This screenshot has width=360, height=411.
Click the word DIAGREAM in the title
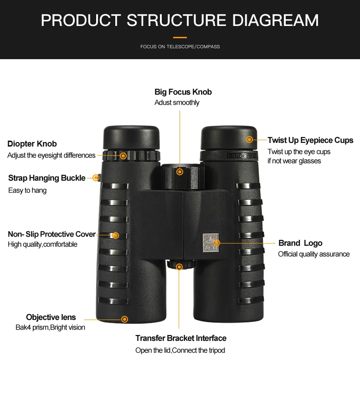pyautogui.click(x=275, y=20)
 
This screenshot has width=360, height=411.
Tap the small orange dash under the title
pyautogui.click(x=180, y=37)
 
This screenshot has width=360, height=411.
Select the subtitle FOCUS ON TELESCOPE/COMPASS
pyautogui.click(x=180, y=47)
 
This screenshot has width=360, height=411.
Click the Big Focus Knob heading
pyautogui.click(x=183, y=92)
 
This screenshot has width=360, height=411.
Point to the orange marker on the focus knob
pyautogui.click(x=180, y=172)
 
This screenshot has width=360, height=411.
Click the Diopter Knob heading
pyautogui.click(x=32, y=144)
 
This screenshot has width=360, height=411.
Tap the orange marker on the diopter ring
pyautogui.click(x=123, y=156)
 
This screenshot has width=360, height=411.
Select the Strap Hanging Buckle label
pyautogui.click(x=46, y=178)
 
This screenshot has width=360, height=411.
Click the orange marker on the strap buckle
pyautogui.click(x=96, y=178)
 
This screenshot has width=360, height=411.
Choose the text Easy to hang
pyautogui.click(x=27, y=190)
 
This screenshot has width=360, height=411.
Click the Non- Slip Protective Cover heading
pyautogui.click(x=51, y=234)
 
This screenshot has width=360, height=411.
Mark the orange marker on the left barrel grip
pyautogui.click(x=115, y=235)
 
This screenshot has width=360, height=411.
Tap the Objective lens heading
pyautogui.click(x=51, y=317)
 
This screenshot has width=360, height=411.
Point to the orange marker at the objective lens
pyautogui.click(x=125, y=319)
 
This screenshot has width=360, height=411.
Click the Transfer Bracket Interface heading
pyautogui.click(x=181, y=338)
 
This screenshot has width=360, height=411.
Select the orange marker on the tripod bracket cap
pyautogui.click(x=179, y=267)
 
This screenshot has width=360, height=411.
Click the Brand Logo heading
pyautogui.click(x=300, y=243)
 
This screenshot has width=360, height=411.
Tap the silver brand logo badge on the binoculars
pyautogui.click(x=211, y=243)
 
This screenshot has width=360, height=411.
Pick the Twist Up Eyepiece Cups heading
pyautogui.click(x=310, y=140)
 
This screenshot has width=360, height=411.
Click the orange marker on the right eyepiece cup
pyautogui.click(x=250, y=139)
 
